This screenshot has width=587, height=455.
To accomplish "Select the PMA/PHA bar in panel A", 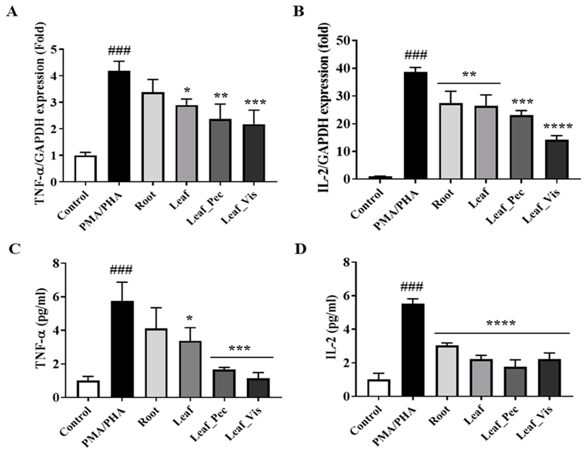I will pyautogui.click(x=119, y=126).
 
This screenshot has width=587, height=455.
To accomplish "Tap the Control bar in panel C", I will pyautogui.click(x=88, y=389).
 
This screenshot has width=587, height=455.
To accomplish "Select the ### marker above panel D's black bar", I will pyautogui.click(x=411, y=286).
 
